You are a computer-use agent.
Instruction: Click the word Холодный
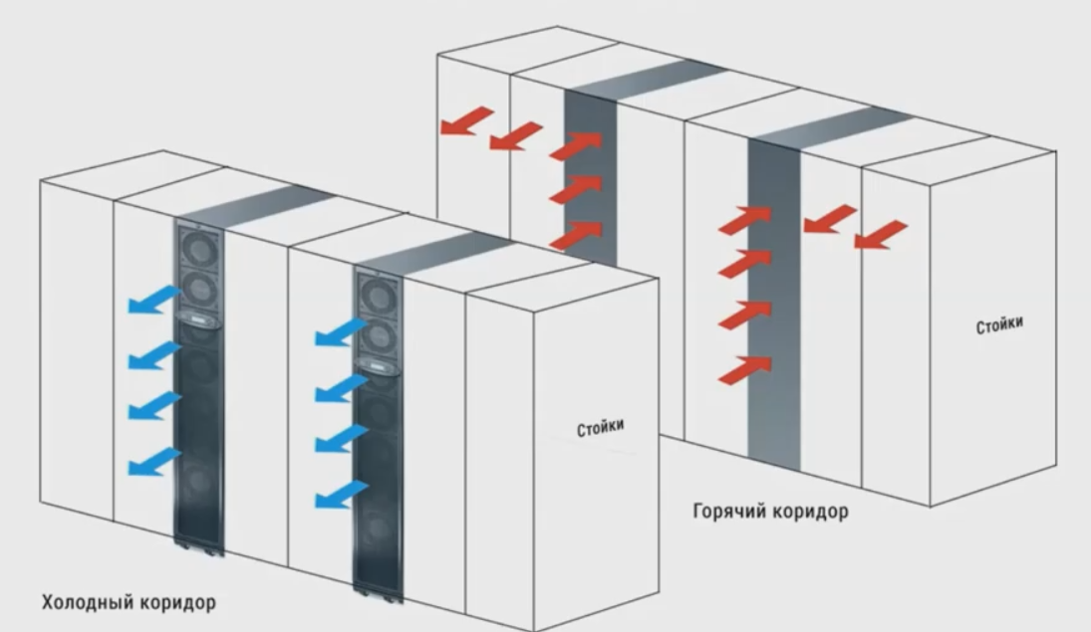(85, 602)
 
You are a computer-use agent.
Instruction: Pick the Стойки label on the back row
(998, 325)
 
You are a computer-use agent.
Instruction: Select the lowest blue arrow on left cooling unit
(155, 461)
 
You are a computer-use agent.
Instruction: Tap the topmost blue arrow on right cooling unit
(341, 334)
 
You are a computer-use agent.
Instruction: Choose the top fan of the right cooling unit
(379, 296)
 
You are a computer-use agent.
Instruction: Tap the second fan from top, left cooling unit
(199, 289)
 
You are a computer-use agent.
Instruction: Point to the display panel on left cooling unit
(199, 318)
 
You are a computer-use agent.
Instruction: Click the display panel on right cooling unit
(379, 366)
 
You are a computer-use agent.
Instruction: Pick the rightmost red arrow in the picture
(881, 235)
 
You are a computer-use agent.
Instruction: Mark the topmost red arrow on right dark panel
(744, 219)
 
